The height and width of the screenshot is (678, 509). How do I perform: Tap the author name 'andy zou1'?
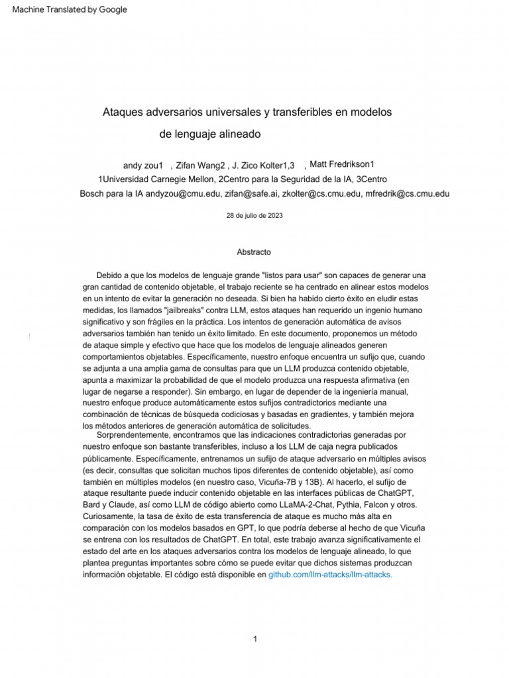point(143,165)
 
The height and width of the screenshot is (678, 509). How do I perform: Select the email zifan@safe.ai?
point(251,194)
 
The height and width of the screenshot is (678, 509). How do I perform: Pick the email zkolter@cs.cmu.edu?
point(321,194)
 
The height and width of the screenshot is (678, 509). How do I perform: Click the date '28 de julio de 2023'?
point(254,216)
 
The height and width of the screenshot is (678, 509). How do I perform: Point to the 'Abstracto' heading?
point(254,252)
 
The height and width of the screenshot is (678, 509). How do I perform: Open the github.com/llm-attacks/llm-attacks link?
point(330,575)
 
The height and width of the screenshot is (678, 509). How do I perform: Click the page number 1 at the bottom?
point(254,638)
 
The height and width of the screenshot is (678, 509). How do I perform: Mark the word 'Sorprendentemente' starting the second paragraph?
point(133,436)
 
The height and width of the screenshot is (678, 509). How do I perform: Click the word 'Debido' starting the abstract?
point(110,274)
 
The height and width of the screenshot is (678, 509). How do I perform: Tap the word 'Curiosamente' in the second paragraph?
point(110,515)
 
